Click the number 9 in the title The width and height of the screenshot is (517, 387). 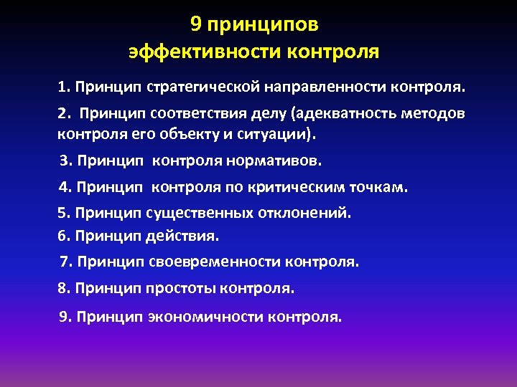point(196,25)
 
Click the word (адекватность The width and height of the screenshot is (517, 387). point(335,114)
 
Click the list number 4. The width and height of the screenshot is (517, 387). point(65,188)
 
